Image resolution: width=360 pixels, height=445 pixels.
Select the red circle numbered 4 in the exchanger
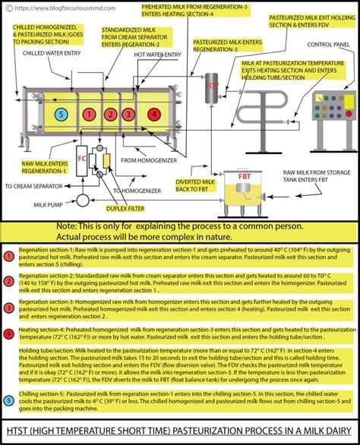click(x=154, y=114)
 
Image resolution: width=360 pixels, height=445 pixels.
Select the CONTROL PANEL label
click(x=327, y=65)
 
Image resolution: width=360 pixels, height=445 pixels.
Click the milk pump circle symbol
click(x=83, y=200)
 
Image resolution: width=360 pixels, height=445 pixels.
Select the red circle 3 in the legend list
click(x=7, y=307)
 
